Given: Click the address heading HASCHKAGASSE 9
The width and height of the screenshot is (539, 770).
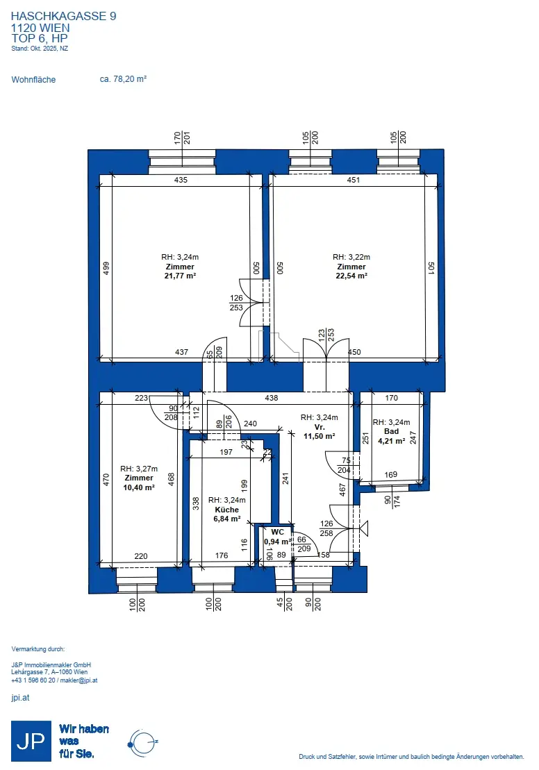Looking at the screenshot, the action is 63,16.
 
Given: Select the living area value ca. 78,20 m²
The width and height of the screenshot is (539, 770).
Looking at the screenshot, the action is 124,79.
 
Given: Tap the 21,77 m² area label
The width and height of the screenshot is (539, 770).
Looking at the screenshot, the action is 181,276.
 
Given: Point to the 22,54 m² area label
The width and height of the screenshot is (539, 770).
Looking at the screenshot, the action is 351,276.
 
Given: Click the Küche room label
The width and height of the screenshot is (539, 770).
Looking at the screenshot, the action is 227,509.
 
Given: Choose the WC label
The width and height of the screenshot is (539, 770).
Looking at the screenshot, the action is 278,532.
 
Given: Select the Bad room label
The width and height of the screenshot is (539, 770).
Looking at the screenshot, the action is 392,431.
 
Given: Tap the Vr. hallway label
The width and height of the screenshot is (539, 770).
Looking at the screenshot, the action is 320,427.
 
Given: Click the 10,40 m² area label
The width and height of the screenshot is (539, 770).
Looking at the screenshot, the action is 139,487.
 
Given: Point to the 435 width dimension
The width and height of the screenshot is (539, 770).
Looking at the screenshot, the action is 181,180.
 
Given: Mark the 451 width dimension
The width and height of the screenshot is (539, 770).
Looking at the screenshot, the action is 354,180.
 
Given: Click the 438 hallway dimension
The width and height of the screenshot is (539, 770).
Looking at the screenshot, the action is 271,398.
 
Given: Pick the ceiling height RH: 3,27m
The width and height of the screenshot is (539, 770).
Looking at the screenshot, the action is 139,469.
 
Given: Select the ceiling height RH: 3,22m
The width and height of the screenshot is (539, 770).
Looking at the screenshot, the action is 351,257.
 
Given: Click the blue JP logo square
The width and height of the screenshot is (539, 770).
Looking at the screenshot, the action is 31,741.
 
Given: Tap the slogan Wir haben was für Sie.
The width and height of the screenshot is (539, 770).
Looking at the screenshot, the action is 84,741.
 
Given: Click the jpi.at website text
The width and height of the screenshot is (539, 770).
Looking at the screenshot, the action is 21,697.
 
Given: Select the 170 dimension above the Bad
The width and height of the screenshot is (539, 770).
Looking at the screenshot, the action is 392,398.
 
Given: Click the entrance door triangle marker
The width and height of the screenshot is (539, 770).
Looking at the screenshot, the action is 364,528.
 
